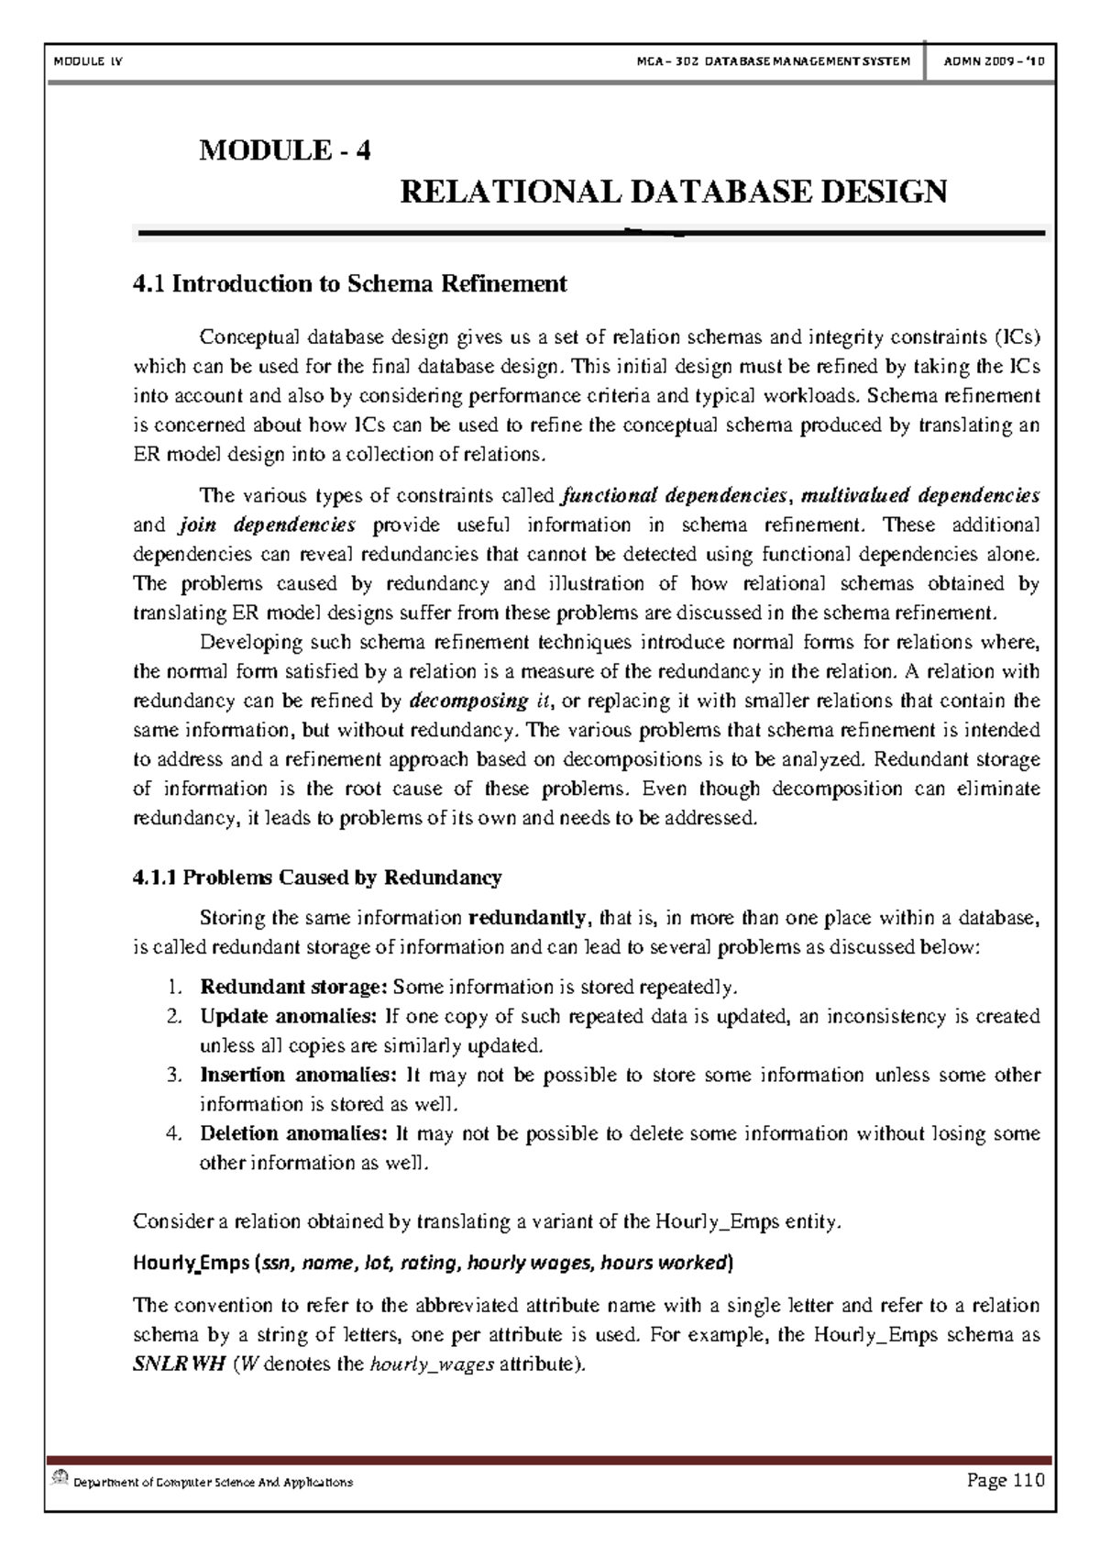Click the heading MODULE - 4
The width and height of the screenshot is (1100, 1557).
(x=285, y=150)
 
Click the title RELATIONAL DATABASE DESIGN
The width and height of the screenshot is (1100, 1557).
(x=674, y=193)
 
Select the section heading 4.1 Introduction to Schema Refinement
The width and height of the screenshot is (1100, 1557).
(x=350, y=284)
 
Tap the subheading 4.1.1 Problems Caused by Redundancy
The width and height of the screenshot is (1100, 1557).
(x=317, y=878)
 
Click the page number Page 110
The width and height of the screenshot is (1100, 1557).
(x=1005, y=1480)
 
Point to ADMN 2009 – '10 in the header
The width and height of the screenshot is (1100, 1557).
(x=993, y=61)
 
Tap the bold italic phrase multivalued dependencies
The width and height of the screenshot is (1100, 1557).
(x=920, y=496)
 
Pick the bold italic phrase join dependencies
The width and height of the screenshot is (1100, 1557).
(x=267, y=525)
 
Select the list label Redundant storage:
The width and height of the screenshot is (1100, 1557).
(x=294, y=988)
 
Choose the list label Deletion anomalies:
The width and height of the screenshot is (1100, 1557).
(x=294, y=1134)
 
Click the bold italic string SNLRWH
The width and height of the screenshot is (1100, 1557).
(x=179, y=1364)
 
